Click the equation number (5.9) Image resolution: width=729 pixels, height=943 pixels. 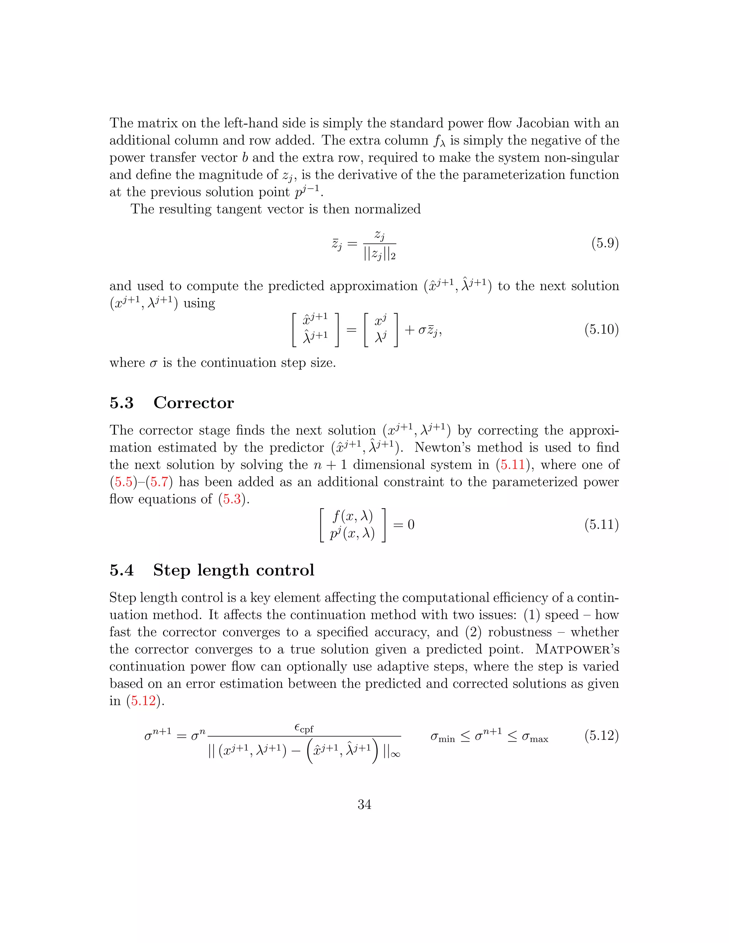pos(605,243)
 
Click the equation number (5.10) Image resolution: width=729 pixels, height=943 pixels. pos(601,330)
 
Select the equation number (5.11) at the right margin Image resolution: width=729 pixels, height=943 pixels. pos(601,525)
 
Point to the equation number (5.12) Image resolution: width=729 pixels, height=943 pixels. pos(601,735)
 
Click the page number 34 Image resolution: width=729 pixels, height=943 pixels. pos(364,805)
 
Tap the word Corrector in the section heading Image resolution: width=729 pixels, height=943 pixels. pos(194,403)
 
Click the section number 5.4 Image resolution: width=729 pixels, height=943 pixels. pos(121,570)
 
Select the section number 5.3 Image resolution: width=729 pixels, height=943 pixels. pos(121,403)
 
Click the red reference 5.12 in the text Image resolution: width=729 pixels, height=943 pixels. pos(143,701)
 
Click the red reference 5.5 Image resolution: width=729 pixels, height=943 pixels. pos(123,482)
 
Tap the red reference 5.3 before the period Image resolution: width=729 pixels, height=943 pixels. pos(232,499)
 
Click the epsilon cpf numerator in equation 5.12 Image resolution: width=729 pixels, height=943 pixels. pos(304,729)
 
